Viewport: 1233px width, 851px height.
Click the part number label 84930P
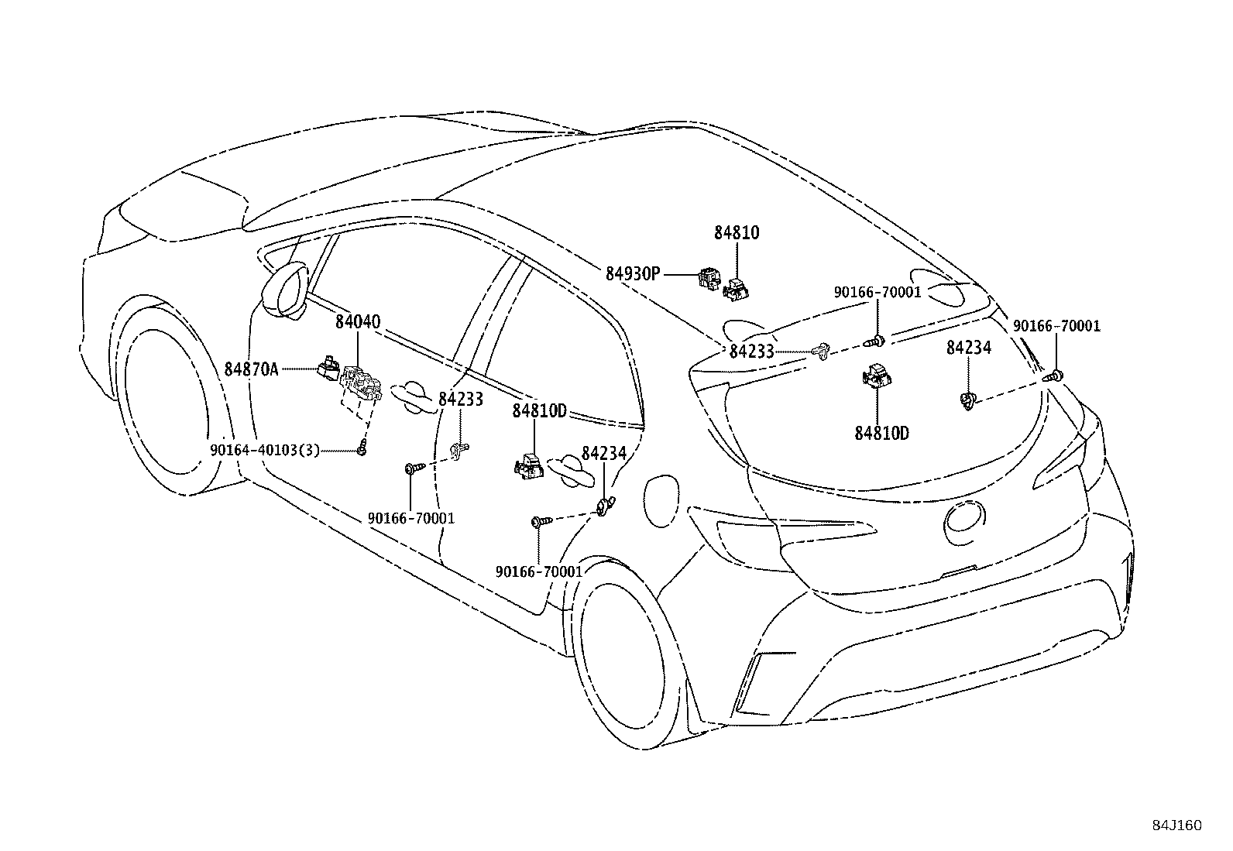[x=632, y=273]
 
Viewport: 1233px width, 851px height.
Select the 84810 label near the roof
[x=736, y=232]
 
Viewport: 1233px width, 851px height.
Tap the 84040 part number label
[x=357, y=321]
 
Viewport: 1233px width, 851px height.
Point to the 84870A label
[x=251, y=369]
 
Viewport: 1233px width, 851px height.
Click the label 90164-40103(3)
[x=264, y=450]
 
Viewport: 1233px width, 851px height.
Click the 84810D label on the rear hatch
[x=881, y=433]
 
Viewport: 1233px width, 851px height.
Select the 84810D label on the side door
[x=539, y=411]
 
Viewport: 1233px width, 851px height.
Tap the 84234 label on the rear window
[x=968, y=348]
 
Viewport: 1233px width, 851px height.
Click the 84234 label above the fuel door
[x=603, y=454]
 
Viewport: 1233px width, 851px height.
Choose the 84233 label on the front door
[x=460, y=400]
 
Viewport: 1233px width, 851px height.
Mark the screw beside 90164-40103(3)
[x=362, y=449]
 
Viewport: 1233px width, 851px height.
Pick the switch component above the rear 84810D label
[x=875, y=376]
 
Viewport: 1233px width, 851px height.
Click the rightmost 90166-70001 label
[x=1056, y=326]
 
